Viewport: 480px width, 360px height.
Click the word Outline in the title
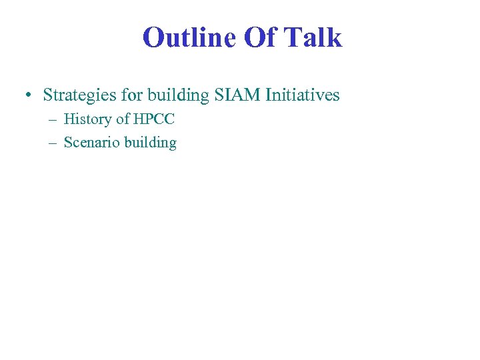point(190,37)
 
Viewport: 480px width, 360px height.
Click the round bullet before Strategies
point(25,96)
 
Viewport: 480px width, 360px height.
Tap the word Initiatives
point(303,95)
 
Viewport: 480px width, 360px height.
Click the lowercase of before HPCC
point(123,120)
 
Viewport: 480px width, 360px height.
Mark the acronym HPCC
point(154,120)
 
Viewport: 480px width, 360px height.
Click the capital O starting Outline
point(153,38)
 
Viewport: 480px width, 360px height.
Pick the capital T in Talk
point(295,37)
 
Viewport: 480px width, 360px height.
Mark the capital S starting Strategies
point(47,95)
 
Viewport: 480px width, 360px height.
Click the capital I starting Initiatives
point(269,95)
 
